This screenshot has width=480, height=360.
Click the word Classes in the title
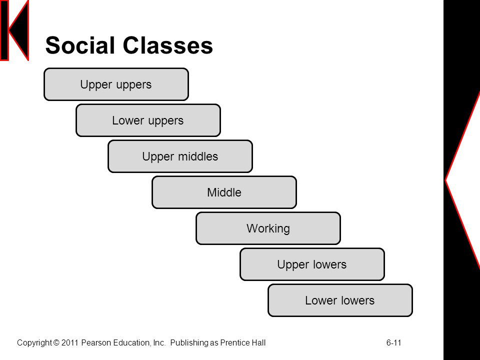[x=168, y=45]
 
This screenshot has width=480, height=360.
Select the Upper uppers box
[x=116, y=84]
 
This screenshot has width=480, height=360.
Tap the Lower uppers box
[x=148, y=120]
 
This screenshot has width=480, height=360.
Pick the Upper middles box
[x=180, y=156]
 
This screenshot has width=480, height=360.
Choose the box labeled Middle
[x=224, y=192]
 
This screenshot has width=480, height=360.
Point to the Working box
[x=268, y=228]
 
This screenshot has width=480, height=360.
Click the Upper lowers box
[x=312, y=264]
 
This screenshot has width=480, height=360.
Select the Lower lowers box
[x=340, y=300]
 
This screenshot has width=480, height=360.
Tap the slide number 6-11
[x=393, y=342]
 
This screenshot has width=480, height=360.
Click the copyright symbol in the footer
[x=56, y=342]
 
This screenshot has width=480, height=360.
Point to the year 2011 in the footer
[x=70, y=342]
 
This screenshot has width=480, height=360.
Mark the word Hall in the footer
[x=259, y=342]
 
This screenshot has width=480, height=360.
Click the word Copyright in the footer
[x=34, y=343]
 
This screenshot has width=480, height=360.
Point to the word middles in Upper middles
[x=198, y=156]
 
